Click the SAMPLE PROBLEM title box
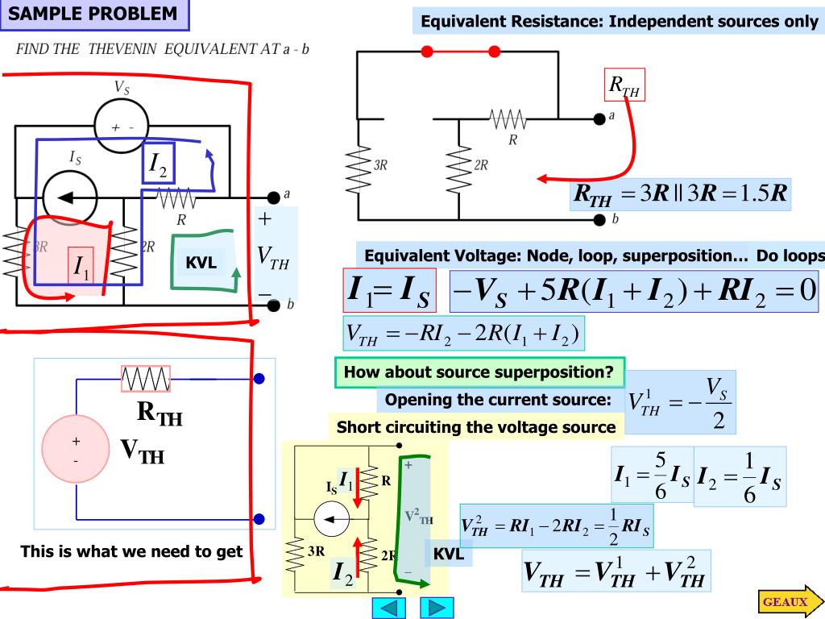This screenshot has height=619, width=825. pyautogui.click(x=95, y=15)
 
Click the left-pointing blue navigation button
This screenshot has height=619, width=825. pyautogui.click(x=389, y=608)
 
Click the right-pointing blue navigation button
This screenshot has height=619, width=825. pyautogui.click(x=437, y=608)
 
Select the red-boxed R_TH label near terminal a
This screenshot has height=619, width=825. pyautogui.click(x=624, y=84)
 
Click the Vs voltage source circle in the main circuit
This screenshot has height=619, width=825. pyautogui.click(x=122, y=127)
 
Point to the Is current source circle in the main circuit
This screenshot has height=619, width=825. pyautogui.click(x=69, y=198)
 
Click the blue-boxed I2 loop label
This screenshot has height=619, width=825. pyautogui.click(x=159, y=163)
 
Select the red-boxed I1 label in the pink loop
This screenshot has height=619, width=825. pyautogui.click(x=81, y=266)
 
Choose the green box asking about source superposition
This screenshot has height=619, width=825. pyautogui.click(x=479, y=372)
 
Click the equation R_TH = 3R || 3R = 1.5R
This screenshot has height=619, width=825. pyautogui.click(x=680, y=194)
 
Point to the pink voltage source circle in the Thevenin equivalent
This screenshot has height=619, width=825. pyautogui.click(x=77, y=448)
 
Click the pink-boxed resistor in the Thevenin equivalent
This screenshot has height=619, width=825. pyautogui.click(x=146, y=379)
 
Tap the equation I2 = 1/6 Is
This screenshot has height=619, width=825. pyautogui.click(x=740, y=476)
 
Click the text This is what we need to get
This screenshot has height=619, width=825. pyautogui.click(x=131, y=551)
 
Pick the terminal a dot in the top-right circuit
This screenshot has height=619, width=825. pyautogui.click(x=599, y=119)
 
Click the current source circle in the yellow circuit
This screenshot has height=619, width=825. pyautogui.click(x=331, y=519)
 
